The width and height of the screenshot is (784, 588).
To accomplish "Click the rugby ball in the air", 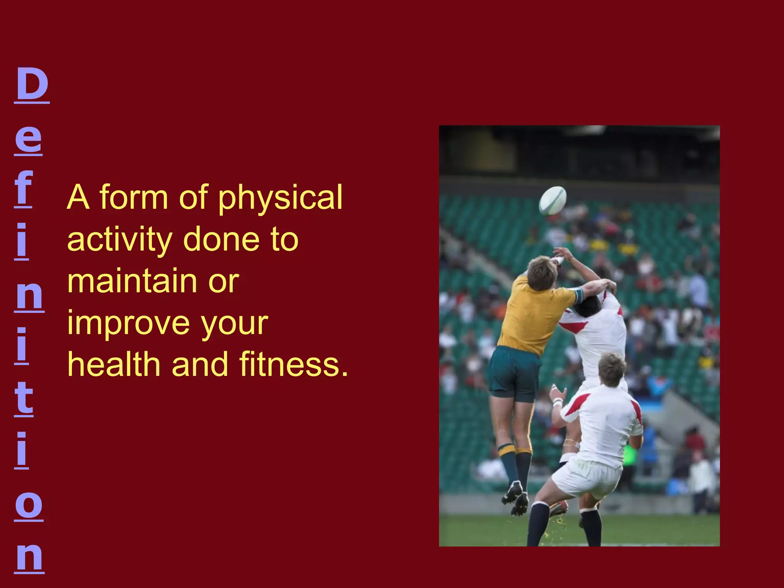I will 553,200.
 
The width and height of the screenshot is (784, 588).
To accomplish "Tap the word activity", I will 120,240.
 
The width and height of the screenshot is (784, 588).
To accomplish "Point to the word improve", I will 128,324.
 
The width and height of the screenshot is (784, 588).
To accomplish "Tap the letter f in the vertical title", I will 23,188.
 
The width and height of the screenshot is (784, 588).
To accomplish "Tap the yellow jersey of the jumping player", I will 534,314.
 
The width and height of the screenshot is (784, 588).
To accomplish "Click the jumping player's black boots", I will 515,498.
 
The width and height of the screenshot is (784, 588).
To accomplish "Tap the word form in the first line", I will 134,198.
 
